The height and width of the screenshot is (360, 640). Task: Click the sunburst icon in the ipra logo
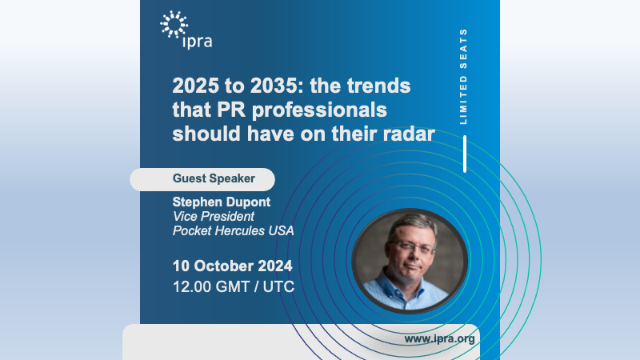[x=174, y=24]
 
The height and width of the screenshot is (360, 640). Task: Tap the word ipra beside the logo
[x=197, y=42]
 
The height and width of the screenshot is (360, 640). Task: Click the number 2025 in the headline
[x=195, y=86]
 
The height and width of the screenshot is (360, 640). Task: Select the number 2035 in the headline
[x=273, y=86]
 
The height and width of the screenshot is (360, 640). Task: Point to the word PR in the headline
[x=231, y=110]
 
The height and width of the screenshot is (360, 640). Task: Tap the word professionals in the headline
[x=319, y=110]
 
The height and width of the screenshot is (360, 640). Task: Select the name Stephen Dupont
[x=222, y=202]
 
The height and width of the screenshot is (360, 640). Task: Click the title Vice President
[x=213, y=216]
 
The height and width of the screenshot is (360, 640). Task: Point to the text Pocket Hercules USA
[x=233, y=230]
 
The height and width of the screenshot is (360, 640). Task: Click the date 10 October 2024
[x=232, y=266]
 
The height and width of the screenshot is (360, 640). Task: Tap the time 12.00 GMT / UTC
[x=234, y=286]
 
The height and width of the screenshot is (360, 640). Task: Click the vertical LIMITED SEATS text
[x=463, y=76]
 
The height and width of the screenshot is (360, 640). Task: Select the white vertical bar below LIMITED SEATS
[x=465, y=154]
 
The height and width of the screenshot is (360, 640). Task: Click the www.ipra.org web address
[x=439, y=338]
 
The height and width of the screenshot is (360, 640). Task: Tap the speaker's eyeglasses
[x=412, y=246]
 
